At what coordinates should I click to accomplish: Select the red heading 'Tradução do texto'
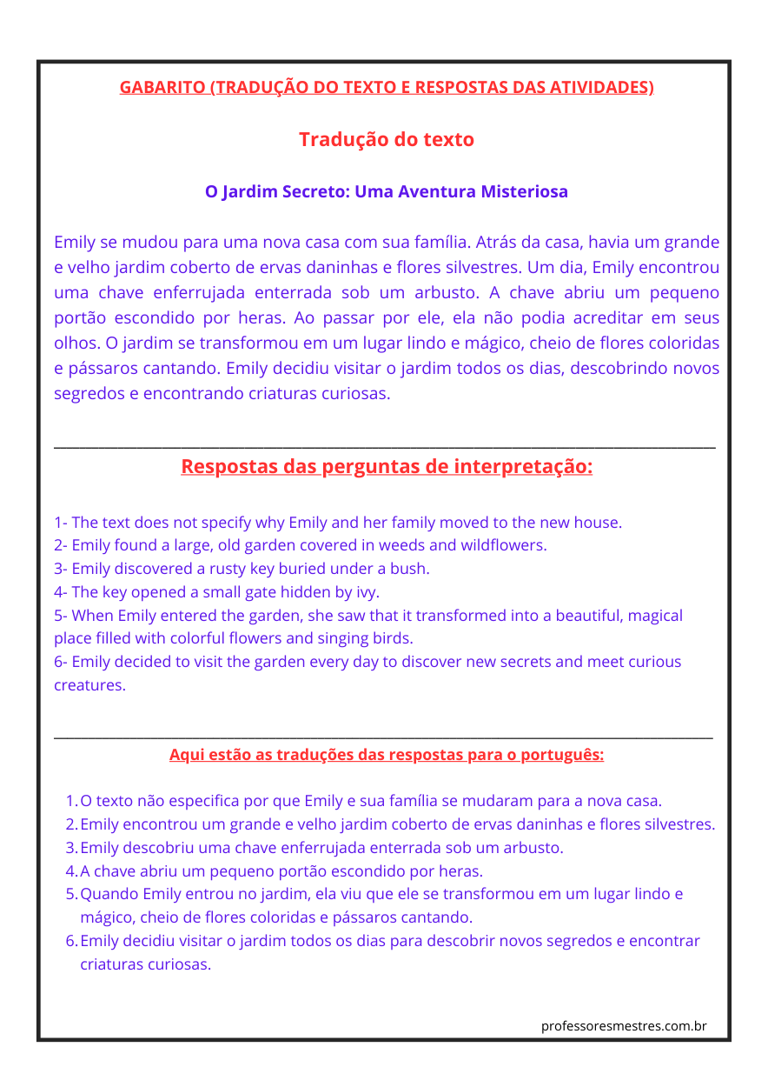pos(387,139)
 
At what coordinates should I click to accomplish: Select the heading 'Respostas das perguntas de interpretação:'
pos(387,467)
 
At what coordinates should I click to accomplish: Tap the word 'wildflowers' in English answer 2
pos(505,545)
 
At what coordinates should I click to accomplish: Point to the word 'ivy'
pos(367,592)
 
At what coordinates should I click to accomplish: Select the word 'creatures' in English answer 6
pos(89,684)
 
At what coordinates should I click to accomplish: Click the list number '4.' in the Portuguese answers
pos(72,870)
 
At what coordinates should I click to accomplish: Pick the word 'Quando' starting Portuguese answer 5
pos(109,894)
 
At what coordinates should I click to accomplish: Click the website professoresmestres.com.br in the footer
pos(624,1026)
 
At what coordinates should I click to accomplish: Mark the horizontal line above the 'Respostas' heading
pos(384,448)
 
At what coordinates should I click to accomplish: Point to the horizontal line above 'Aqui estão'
pos(384,738)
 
